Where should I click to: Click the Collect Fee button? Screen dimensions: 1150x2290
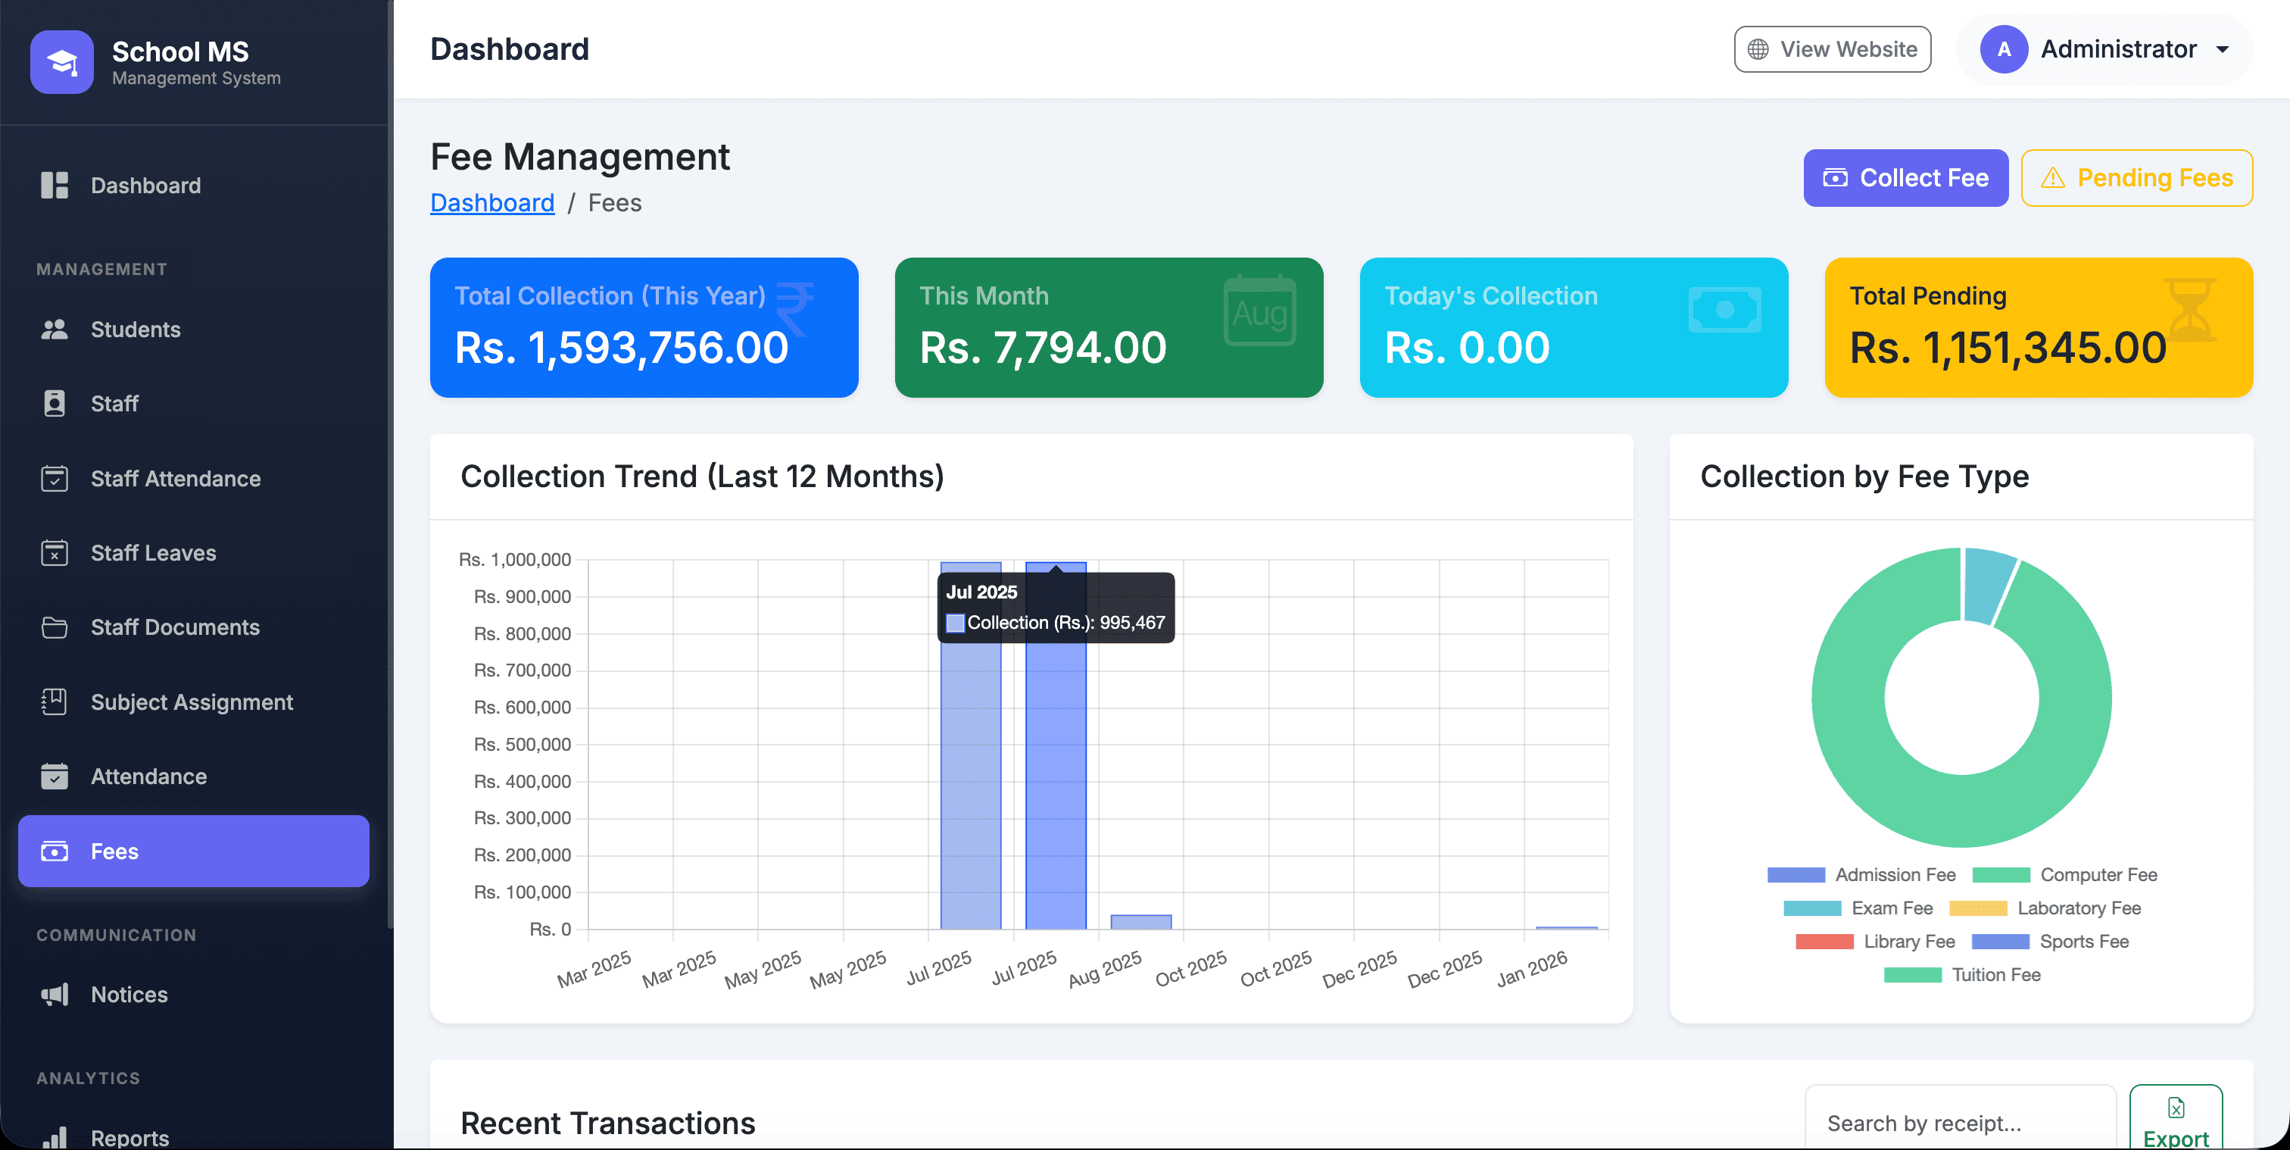1905,178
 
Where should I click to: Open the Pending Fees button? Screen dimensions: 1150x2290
2136,178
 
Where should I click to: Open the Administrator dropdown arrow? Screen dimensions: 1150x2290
2223,50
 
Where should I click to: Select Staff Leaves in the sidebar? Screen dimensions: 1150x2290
153,553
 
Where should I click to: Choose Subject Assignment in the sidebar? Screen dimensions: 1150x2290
191,702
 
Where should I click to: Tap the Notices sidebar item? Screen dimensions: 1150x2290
129,995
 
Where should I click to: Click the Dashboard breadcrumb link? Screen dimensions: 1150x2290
491,203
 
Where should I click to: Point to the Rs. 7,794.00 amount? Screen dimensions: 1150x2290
1043,348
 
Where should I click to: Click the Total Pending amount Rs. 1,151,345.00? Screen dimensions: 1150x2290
2008,348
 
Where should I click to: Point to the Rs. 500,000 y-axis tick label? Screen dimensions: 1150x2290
522,745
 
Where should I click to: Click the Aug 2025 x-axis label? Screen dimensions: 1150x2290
1105,969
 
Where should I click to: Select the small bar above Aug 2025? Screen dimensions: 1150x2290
1140,921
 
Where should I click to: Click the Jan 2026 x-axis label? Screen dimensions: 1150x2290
1532,969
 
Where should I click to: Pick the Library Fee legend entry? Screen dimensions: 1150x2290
1875,941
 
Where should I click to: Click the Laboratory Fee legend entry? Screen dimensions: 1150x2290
2045,908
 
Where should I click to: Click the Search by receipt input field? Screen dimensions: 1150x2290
1959,1123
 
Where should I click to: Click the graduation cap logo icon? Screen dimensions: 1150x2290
62,62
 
